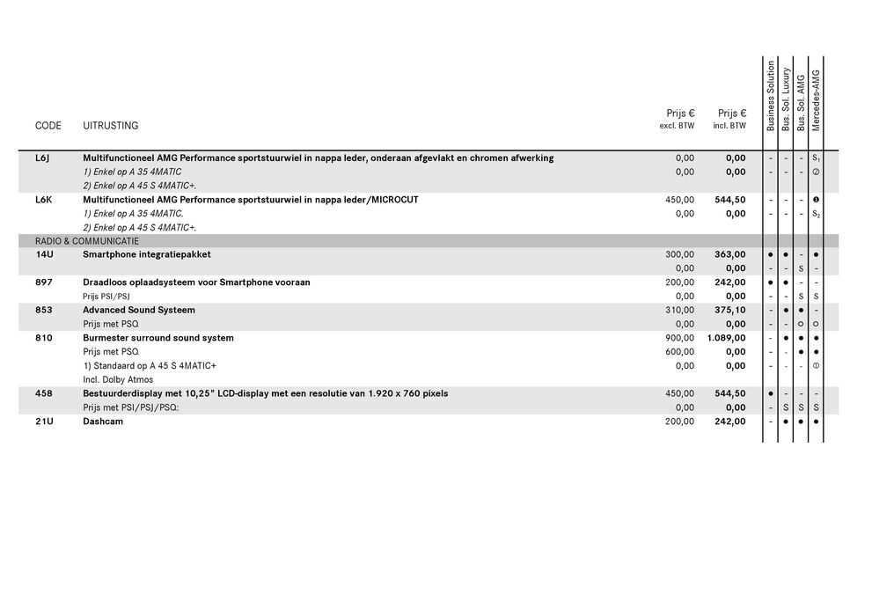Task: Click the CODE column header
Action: tap(48, 126)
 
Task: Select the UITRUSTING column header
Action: tap(110, 126)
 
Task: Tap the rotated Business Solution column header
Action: tap(771, 97)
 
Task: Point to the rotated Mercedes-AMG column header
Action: tap(816, 100)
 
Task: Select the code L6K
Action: tap(43, 200)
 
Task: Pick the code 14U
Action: tap(43, 254)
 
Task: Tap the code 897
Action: tap(43, 282)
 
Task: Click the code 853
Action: tap(43, 310)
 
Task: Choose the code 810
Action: tap(43, 338)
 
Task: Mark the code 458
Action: tap(43, 393)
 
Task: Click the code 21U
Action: tap(43, 422)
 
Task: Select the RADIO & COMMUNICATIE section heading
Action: tap(87, 241)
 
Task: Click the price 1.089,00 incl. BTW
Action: tap(726, 338)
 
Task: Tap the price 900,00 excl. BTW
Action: tap(679, 338)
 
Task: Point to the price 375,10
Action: tap(729, 310)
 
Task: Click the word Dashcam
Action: tap(103, 422)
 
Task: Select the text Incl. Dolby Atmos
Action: tap(118, 379)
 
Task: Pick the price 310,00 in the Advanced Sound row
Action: tap(679, 310)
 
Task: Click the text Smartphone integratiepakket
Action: tap(147, 254)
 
